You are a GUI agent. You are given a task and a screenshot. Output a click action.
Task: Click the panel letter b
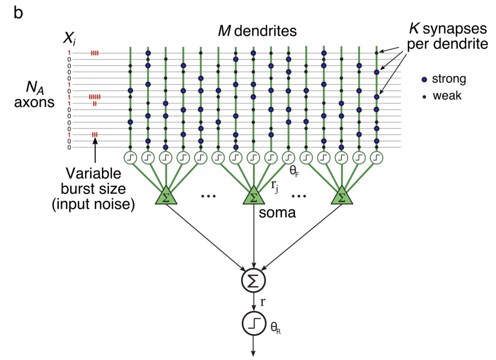[x=18, y=12]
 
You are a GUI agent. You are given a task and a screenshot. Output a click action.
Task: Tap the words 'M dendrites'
[x=257, y=31]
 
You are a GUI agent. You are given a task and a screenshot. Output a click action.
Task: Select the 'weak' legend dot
[x=423, y=96]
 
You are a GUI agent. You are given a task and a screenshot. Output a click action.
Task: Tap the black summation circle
[x=253, y=281]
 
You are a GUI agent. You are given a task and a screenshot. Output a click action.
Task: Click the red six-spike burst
[x=95, y=97]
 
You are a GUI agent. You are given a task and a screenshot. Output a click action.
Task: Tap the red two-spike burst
[x=95, y=103]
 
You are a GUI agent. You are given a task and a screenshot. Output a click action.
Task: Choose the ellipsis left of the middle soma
[x=209, y=197]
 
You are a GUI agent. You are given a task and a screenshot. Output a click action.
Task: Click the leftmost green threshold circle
[x=130, y=157]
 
